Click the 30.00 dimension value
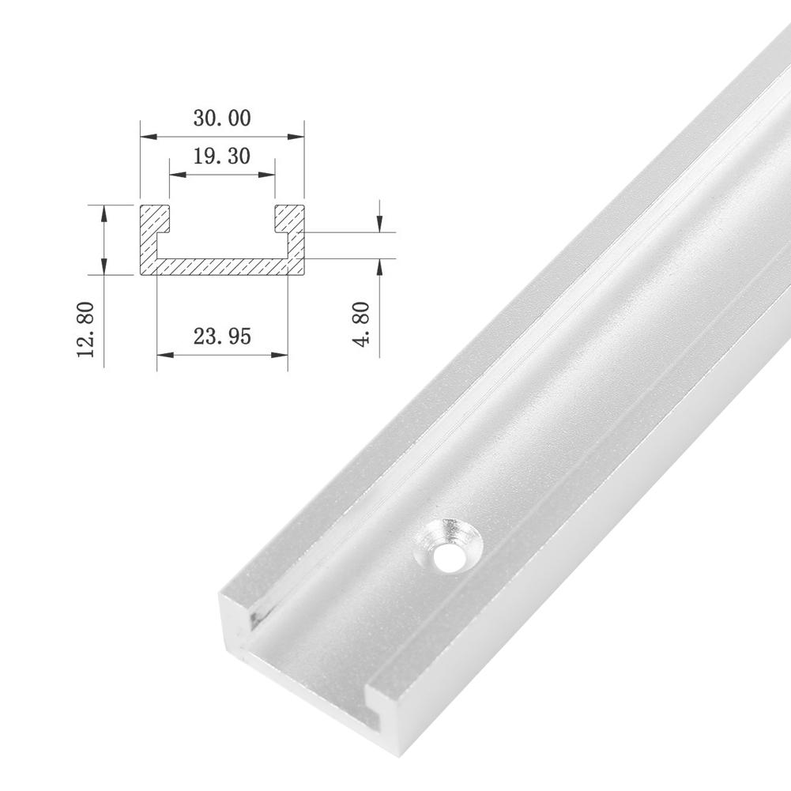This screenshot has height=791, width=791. pos(221,119)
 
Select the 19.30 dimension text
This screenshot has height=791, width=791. pos(221,156)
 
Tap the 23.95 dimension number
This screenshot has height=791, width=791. pos(222,336)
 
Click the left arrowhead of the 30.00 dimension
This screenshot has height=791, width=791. pos(145,137)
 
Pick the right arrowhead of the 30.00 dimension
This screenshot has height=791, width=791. pos(299,137)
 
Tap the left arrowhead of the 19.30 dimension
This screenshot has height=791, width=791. pos(174,175)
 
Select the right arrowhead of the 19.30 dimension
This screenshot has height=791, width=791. pos(269,175)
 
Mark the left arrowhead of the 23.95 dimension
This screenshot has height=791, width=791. pos(162,354)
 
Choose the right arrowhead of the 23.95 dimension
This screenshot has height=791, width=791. pos(281,354)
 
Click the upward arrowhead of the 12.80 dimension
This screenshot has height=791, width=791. pos(104,209)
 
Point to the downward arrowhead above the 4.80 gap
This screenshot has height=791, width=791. pos(380,226)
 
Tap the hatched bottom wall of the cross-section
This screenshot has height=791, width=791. pos(222,267)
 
